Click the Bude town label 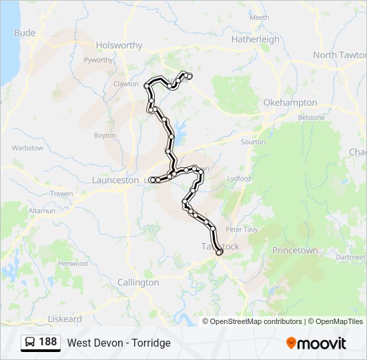(x=25, y=32)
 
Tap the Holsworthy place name (x=119, y=45)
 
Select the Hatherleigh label (x=256, y=39)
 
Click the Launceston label (x=115, y=180)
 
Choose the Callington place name (x=138, y=283)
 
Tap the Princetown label (x=295, y=250)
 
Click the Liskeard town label (x=65, y=319)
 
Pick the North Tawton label (x=339, y=55)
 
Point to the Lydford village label (x=238, y=179)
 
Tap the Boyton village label (x=105, y=135)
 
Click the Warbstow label (x=27, y=148)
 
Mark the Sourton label (x=253, y=142)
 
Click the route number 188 (x=47, y=342)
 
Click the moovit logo (x=316, y=343)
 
